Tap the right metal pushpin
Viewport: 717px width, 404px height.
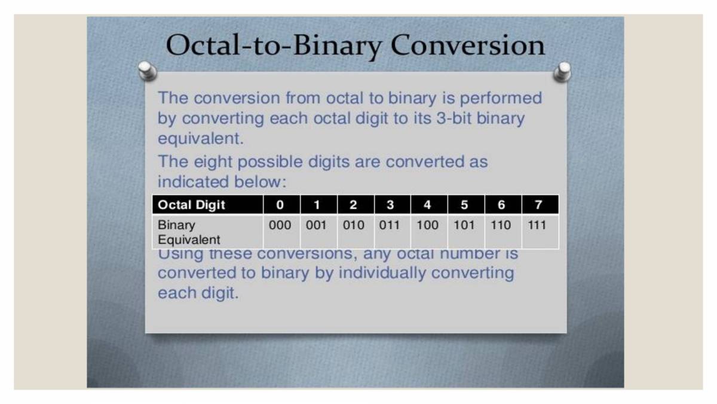point(562,71)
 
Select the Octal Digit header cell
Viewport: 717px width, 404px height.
point(191,205)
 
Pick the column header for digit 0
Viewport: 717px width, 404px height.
point(280,205)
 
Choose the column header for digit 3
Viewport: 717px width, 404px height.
point(390,205)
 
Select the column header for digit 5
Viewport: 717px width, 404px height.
point(464,205)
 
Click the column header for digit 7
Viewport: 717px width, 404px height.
point(538,205)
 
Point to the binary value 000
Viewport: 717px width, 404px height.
point(280,226)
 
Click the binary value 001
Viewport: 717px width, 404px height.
point(316,226)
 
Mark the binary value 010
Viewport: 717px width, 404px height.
point(354,226)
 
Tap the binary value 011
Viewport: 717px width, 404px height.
point(390,226)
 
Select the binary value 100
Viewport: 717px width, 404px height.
point(427,226)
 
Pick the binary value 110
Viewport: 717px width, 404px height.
point(501,226)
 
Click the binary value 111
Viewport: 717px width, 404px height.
point(537,226)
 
